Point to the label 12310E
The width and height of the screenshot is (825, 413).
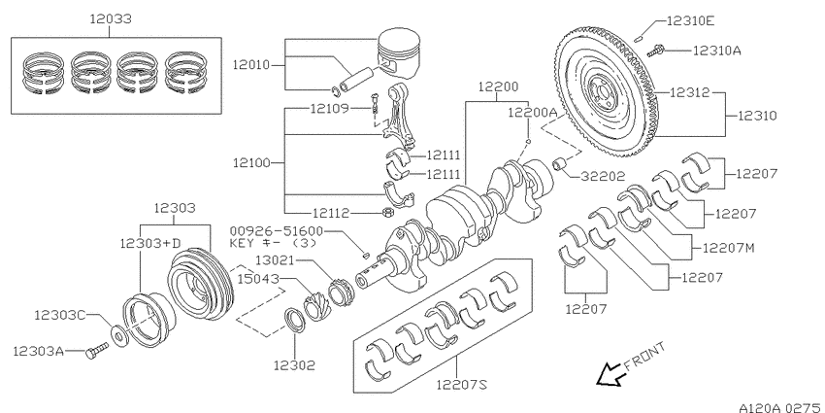690,19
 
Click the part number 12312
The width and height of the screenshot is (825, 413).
692,93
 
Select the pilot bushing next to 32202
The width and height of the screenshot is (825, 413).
560,163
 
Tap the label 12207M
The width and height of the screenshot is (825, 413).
734,248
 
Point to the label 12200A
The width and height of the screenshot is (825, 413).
532,113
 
